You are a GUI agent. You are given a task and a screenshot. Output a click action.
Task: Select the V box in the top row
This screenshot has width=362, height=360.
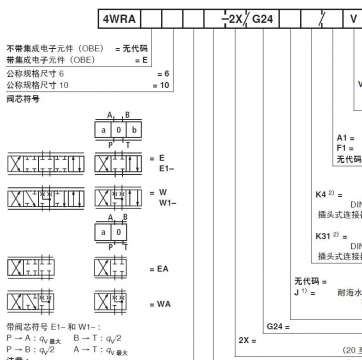[353, 19]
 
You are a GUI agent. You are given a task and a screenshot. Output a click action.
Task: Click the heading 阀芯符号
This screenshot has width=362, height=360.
[21, 99]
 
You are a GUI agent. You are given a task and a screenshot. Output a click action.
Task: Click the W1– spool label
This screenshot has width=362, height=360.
[166, 201]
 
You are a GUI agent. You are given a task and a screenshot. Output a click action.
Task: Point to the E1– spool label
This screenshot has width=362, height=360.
[166, 169]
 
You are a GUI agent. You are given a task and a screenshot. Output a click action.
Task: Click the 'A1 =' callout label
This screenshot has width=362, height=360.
[345, 137]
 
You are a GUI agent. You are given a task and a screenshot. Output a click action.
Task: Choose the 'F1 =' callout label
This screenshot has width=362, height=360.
[345, 148]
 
